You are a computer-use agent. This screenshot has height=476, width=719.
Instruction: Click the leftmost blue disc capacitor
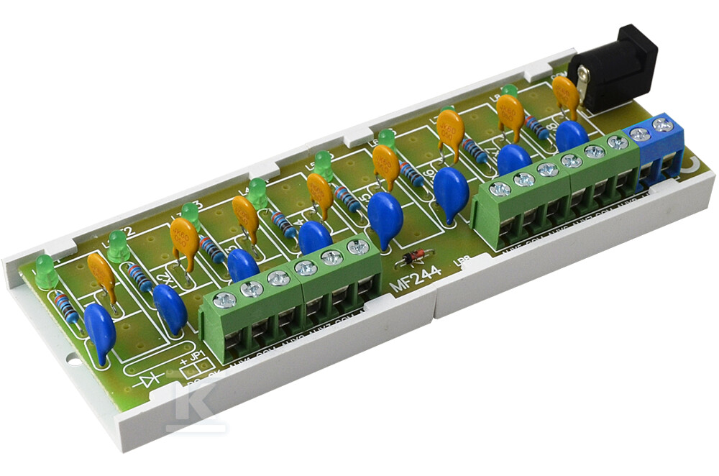pos(99,331)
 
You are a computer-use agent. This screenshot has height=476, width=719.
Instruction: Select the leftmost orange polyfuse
pos(101,273)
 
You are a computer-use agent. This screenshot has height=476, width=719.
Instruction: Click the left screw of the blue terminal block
pos(639,134)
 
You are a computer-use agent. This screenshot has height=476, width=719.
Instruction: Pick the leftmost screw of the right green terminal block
pos(499,190)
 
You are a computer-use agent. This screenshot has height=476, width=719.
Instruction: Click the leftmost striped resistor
pos(67,308)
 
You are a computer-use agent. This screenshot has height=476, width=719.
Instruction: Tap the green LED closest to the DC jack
pos(510,91)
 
